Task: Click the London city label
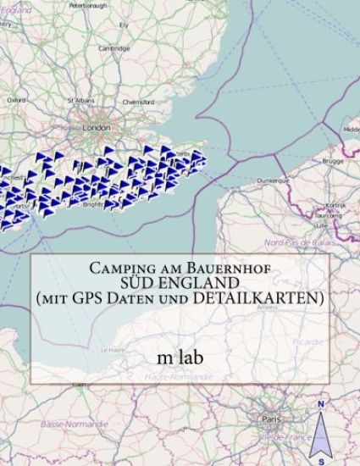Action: (x=97, y=127)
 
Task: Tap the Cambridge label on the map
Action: (x=114, y=48)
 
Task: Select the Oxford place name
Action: (x=16, y=99)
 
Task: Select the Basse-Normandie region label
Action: (x=65, y=423)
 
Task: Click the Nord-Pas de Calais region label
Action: (x=299, y=242)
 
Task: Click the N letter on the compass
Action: (x=321, y=404)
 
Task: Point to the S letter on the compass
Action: (x=321, y=462)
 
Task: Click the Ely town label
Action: (x=124, y=25)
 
